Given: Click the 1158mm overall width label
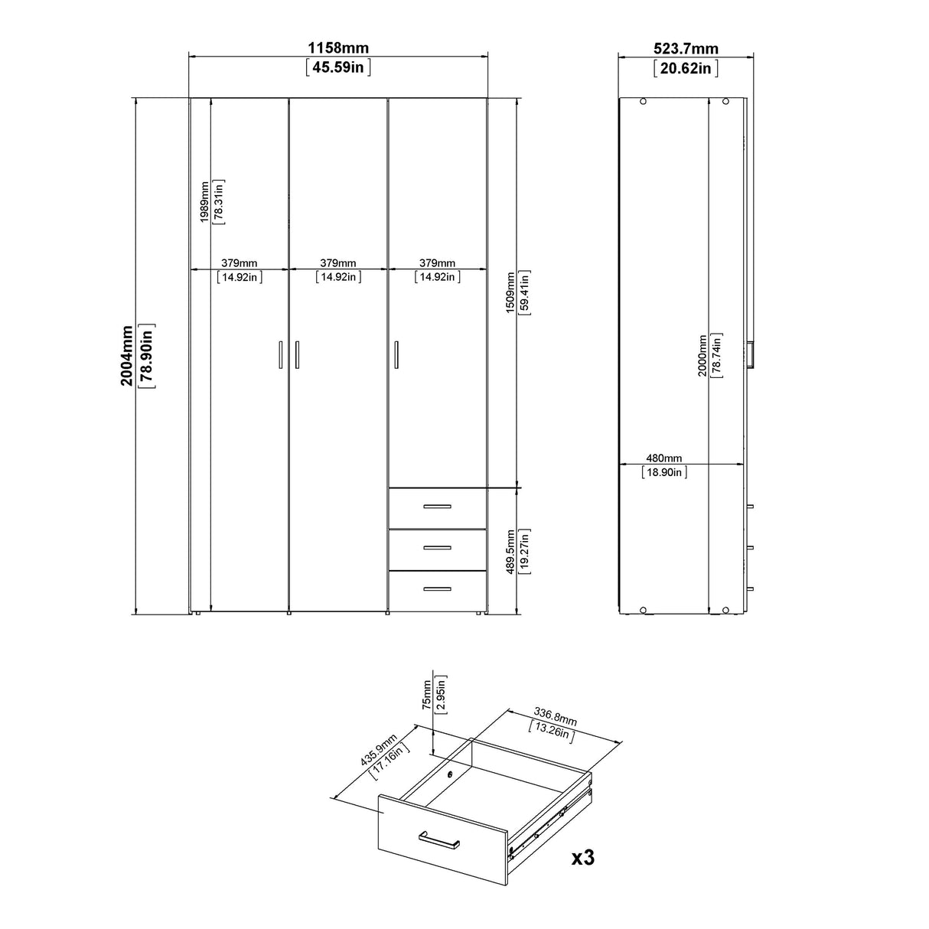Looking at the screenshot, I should [x=337, y=48].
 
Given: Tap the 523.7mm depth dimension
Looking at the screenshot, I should [x=686, y=49].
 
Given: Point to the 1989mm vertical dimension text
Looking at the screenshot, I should [x=204, y=201].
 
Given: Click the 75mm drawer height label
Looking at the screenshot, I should [x=426, y=694].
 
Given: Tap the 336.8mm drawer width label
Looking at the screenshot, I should [x=556, y=719].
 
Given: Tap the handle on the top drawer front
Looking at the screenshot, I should [x=437, y=506].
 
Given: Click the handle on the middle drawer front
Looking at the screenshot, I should [x=437, y=547].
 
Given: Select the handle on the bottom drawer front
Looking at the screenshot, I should [x=437, y=588].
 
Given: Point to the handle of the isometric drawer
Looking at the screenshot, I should [x=438, y=840].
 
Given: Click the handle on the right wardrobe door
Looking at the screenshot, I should [x=396, y=355].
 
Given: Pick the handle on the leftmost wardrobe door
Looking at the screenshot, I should [x=280, y=355].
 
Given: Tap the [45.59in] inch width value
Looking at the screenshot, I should [x=337, y=67].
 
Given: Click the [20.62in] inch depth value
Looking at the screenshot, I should [x=686, y=68].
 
